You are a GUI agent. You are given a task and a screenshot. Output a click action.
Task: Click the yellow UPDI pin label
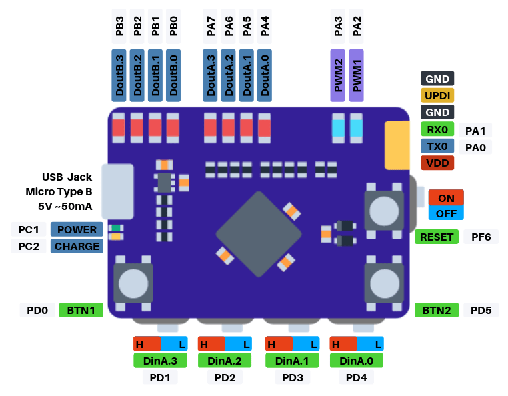437,95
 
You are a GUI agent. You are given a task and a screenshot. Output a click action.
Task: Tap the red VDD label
437,163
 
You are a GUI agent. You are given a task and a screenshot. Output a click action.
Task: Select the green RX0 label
437,129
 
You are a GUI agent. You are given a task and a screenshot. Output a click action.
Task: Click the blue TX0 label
437,146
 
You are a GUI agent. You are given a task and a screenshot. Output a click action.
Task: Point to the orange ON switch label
446,198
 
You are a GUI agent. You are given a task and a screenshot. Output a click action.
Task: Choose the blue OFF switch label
446,214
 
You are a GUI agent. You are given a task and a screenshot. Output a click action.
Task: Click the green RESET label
437,237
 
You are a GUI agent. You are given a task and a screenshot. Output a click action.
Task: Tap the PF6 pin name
481,237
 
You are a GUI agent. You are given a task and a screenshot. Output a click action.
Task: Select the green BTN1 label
81,310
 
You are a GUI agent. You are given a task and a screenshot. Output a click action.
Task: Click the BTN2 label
437,310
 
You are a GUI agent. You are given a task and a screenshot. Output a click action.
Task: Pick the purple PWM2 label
338,75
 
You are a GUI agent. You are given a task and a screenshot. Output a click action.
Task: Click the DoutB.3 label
119,75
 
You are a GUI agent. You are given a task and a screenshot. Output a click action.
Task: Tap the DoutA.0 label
265,75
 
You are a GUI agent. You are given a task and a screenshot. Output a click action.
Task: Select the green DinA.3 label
160,361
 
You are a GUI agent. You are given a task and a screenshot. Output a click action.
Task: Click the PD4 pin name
356,378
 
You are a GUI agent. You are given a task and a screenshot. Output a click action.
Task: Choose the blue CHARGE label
77,246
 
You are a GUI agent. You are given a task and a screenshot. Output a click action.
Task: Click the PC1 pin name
29,229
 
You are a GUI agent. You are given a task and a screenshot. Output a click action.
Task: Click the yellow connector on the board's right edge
397,145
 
